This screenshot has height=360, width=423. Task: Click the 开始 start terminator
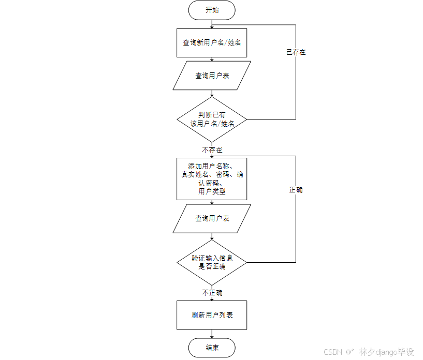coord(212,10)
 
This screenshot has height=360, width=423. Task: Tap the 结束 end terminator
coord(212,348)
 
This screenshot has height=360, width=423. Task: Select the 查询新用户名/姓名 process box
coord(212,42)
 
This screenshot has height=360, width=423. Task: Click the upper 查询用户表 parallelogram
coord(212,76)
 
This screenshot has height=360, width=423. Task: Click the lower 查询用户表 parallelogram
coord(212,218)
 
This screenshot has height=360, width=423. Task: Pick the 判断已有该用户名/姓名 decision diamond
coord(212,119)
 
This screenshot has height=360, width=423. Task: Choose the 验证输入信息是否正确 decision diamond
coord(212,262)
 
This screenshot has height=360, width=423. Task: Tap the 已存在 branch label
coord(296,52)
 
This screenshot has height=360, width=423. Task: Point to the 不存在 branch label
coord(212,149)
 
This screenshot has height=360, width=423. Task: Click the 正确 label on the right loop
coord(296,190)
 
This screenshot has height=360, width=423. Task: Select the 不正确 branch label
coord(212,293)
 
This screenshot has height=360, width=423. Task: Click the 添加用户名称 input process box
coord(212,178)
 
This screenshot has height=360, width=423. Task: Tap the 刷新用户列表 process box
coord(212,315)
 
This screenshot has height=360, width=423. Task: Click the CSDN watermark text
coord(333,352)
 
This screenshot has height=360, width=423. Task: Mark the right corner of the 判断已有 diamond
coord(246,119)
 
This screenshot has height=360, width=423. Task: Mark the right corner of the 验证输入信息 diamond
coord(246,262)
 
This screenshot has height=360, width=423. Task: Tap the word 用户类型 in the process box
coord(212,191)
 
